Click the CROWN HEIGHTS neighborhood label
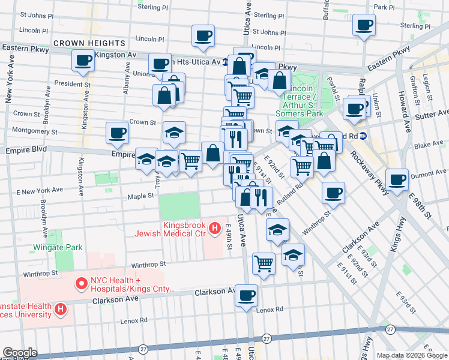89,43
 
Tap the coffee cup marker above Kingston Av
83,60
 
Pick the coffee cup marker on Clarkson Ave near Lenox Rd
246,296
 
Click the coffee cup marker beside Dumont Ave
397,179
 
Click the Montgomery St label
35,131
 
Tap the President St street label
72,84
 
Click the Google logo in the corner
20,352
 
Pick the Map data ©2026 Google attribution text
411,355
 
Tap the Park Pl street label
397,7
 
